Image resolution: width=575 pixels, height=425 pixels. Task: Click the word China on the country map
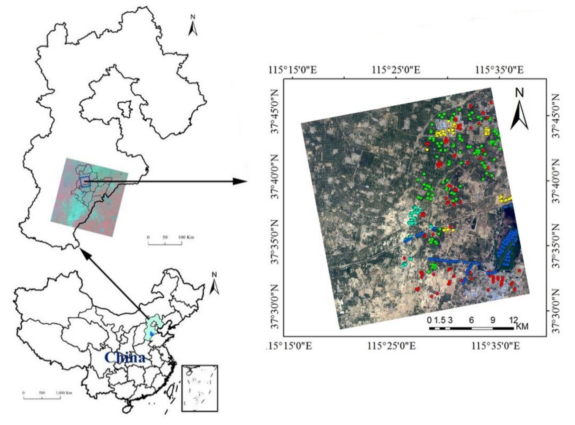(125, 358)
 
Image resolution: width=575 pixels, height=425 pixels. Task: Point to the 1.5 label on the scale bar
(440, 320)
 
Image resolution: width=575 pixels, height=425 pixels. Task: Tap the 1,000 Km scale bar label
(64, 393)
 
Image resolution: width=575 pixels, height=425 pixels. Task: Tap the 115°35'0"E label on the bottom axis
(495, 346)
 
